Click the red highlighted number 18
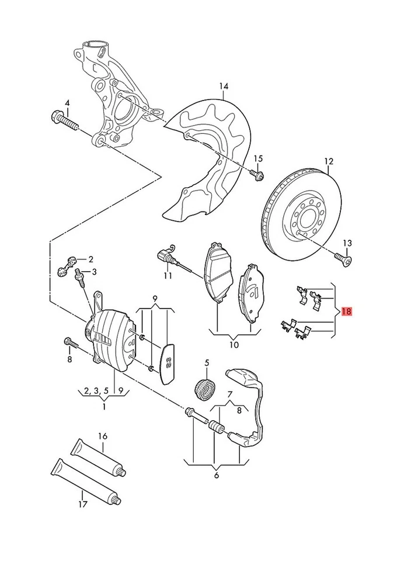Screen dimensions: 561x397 (346, 311)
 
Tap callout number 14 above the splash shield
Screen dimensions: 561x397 (224, 87)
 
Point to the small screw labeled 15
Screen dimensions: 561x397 (259, 173)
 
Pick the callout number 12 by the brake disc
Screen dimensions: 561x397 (328, 161)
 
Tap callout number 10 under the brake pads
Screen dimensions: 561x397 (234, 344)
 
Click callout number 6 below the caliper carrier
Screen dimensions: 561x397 (217, 475)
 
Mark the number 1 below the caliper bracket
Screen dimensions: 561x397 (104, 406)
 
